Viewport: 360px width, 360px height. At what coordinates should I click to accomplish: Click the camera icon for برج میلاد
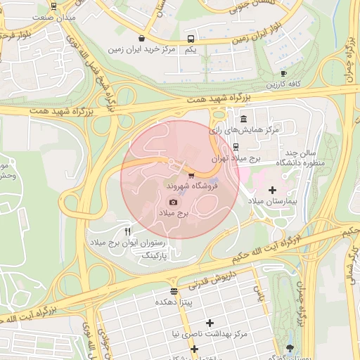pos(174,202)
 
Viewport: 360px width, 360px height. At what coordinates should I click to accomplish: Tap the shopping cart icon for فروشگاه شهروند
pos(191,176)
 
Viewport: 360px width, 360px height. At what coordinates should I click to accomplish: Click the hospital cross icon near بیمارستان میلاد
pos(272,191)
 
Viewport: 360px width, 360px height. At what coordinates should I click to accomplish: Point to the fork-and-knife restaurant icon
pos(127,231)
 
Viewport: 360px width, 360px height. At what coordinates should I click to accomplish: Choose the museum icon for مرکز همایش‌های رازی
pos(243,118)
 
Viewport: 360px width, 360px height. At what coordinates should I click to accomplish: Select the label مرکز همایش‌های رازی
pos(244,130)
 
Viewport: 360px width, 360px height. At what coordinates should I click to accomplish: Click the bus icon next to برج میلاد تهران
pos(236,148)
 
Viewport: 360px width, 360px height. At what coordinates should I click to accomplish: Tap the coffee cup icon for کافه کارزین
pos(283,73)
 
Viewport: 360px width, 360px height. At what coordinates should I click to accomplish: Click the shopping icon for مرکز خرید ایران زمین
pos(142,38)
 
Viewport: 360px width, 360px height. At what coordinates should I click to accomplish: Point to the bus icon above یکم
pos(191,39)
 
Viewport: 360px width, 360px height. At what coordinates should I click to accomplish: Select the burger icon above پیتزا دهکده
pos(174,291)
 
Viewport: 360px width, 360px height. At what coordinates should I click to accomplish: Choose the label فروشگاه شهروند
pos(192,187)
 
